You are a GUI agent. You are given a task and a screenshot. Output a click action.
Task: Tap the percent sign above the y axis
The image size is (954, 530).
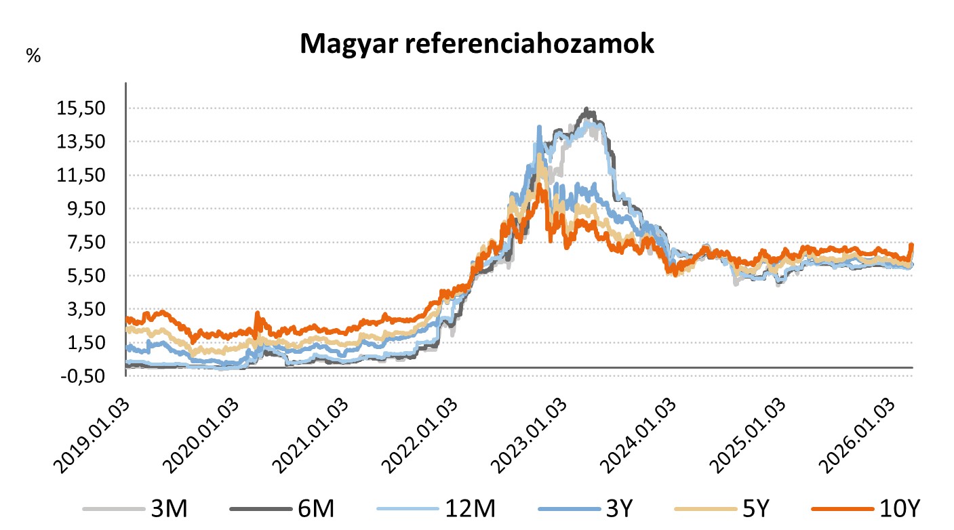pos(33,56)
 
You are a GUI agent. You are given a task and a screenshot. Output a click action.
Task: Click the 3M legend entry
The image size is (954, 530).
pos(165,508)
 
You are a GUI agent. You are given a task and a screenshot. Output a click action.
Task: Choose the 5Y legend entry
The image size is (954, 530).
pos(758,508)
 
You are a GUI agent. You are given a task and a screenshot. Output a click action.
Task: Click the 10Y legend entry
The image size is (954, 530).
pos(900,508)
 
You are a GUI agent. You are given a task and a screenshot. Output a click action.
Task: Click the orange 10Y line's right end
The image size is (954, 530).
pos(912,245)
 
